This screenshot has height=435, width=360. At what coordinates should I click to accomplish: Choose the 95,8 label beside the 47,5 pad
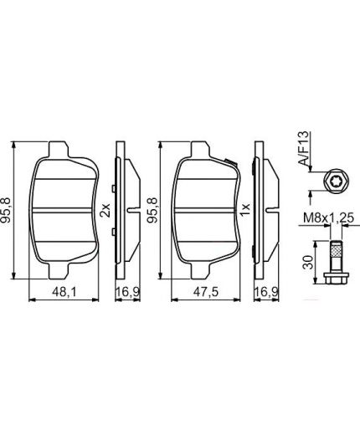tap(151, 208)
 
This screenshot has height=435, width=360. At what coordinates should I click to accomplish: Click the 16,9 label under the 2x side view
tap(122, 294)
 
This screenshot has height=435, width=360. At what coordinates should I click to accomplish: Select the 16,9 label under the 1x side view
tap(264, 294)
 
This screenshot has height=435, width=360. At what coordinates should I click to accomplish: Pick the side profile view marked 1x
tap(264, 209)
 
